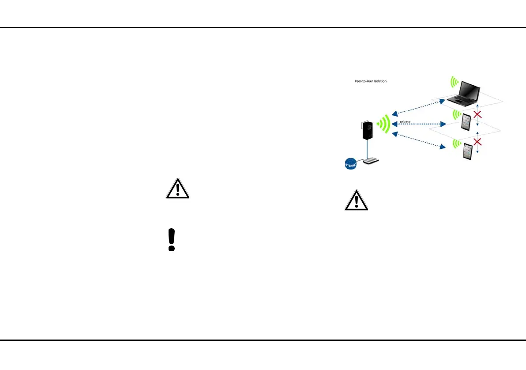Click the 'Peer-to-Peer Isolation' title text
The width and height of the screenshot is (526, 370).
coord(371,81)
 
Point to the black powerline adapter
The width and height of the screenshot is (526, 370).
coord(366,128)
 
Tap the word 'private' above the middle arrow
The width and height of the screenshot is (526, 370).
coord(405,121)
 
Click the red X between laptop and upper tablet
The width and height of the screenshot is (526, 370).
coord(477,115)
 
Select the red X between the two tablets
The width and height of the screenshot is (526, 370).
coord(477,142)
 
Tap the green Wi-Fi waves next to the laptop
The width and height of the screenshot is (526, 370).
coord(453,82)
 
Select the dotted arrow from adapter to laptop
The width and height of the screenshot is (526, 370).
coord(419,108)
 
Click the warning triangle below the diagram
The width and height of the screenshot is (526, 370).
coord(356,201)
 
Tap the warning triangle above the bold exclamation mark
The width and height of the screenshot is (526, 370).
coord(177,189)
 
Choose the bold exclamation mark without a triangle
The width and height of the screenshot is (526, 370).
coord(172,240)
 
